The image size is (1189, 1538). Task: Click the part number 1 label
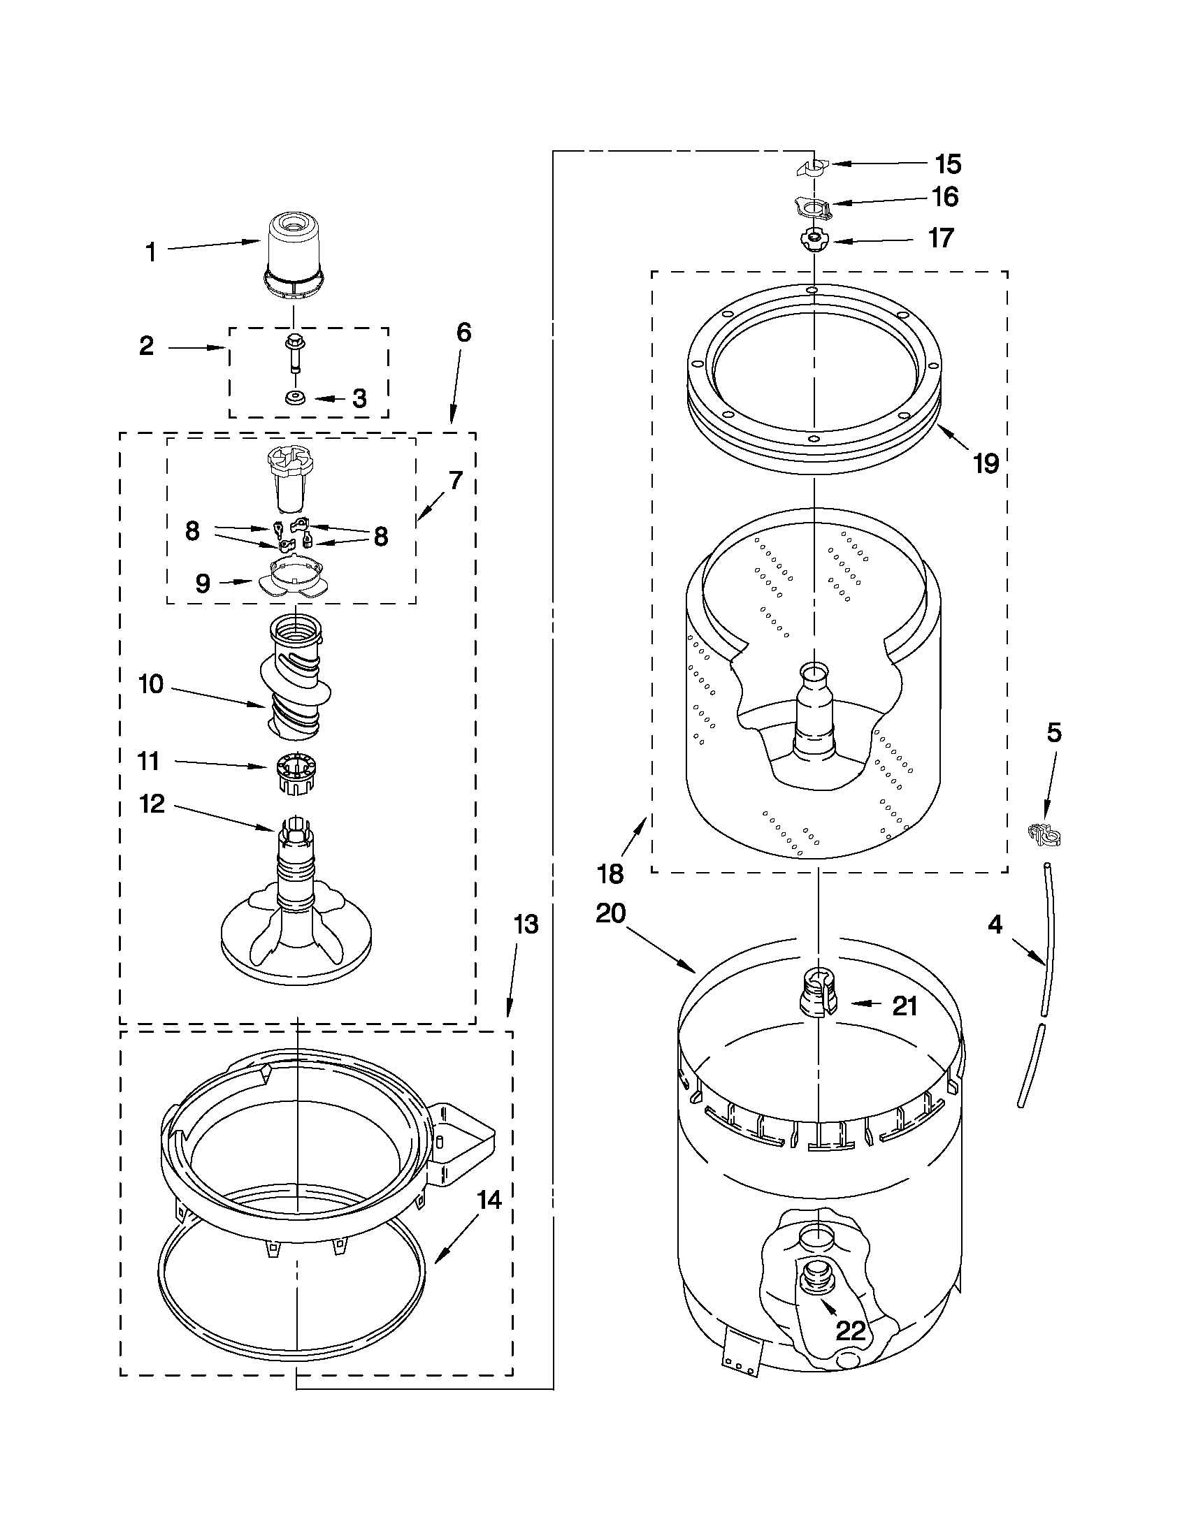coord(150,252)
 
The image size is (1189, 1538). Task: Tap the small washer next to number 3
coord(293,398)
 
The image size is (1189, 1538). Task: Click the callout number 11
coord(149,761)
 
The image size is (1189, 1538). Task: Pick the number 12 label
coord(152,804)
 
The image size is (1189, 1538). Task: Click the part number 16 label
coord(944,197)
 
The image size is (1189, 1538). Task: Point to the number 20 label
coord(611,913)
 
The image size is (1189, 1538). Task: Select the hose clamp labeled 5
coord(1045,834)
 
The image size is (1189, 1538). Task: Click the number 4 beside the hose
coord(995,924)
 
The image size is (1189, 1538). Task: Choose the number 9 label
coord(203,583)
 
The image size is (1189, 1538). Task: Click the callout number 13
coord(526,924)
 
